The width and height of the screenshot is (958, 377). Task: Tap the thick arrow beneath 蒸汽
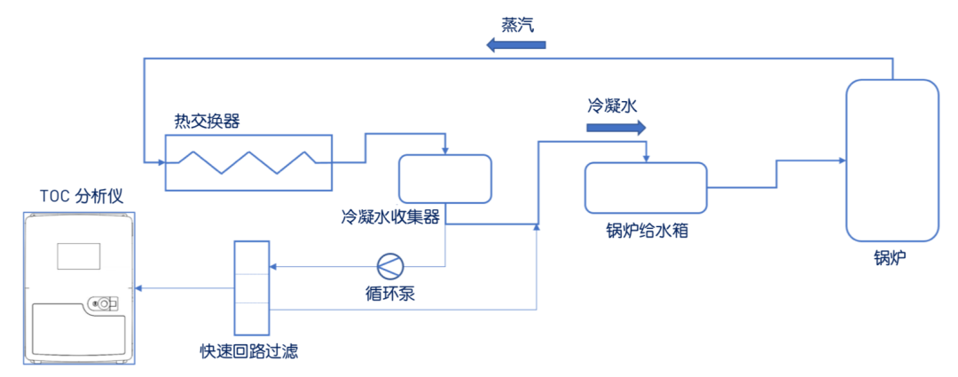[515, 43]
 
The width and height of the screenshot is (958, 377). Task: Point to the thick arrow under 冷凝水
[616, 128]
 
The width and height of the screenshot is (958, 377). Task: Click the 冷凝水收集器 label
[391, 216]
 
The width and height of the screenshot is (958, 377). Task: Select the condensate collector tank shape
[444, 178]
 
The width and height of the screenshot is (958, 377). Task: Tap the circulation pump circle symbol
[389, 265]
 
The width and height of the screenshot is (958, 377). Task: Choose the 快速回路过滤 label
[249, 350]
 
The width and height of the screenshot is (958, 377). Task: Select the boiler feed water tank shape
[646, 187]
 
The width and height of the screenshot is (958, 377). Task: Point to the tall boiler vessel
[892, 160]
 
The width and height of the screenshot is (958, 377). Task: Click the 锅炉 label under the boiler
[891, 258]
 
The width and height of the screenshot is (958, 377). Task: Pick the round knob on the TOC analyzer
[104, 304]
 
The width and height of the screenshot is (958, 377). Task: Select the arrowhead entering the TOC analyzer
[141, 288]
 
